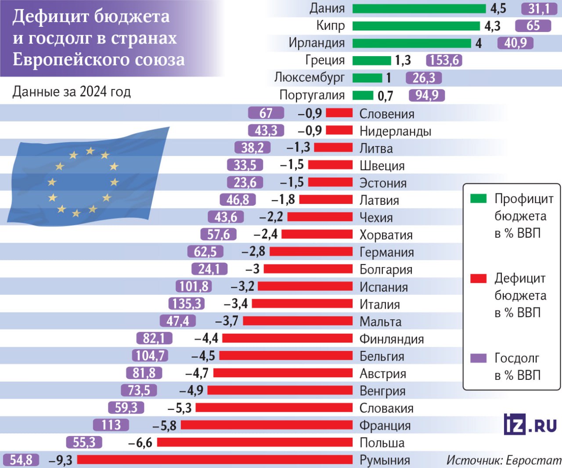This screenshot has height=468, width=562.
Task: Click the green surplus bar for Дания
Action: pyautogui.click(x=419, y=8)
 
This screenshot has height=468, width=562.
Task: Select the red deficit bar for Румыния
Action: pyautogui.click(x=215, y=460)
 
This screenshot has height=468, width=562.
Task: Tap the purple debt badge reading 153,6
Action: pyautogui.click(x=444, y=60)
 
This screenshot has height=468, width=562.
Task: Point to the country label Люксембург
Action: pyautogui.click(x=310, y=78)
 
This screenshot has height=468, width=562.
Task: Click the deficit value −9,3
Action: pyautogui.click(x=61, y=460)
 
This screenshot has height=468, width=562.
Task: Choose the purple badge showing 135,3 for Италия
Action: pyautogui.click(x=187, y=304)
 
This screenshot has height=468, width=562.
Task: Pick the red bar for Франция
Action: pyautogui.click(x=267, y=425)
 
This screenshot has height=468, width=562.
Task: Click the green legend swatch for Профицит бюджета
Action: pyautogui.click(x=478, y=199)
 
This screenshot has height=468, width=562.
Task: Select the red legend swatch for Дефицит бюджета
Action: pyautogui.click(x=478, y=279)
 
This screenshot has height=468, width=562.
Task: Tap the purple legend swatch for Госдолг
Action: pyautogui.click(x=478, y=358)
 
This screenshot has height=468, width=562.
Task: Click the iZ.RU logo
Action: pyautogui.click(x=530, y=424)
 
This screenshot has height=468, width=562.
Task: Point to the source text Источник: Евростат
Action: pyautogui.click(x=504, y=460)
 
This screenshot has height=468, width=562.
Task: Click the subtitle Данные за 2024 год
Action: pyautogui.click(x=72, y=92)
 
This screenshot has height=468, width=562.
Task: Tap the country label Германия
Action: pyautogui.click(x=386, y=252)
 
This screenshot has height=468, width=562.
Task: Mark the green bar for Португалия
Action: pyautogui.click(x=363, y=95)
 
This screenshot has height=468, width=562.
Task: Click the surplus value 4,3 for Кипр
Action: pyautogui.click(x=492, y=26)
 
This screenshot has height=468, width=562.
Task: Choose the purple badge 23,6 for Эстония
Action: pyautogui.click(x=245, y=182)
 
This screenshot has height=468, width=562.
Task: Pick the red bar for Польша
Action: pyautogui.click(x=255, y=443)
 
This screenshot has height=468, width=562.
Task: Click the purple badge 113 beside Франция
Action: pyautogui.click(x=111, y=425)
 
